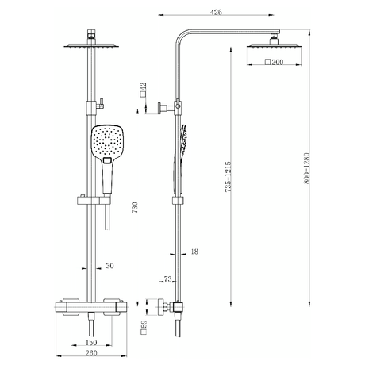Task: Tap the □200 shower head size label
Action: [x=274, y=61]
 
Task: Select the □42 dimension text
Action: [x=143, y=90]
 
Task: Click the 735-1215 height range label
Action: [x=229, y=174]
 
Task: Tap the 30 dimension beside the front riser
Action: [x=109, y=265]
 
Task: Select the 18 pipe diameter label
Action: [x=194, y=252]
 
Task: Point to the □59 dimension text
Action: [x=143, y=326]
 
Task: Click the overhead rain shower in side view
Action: [x=263, y=45]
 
